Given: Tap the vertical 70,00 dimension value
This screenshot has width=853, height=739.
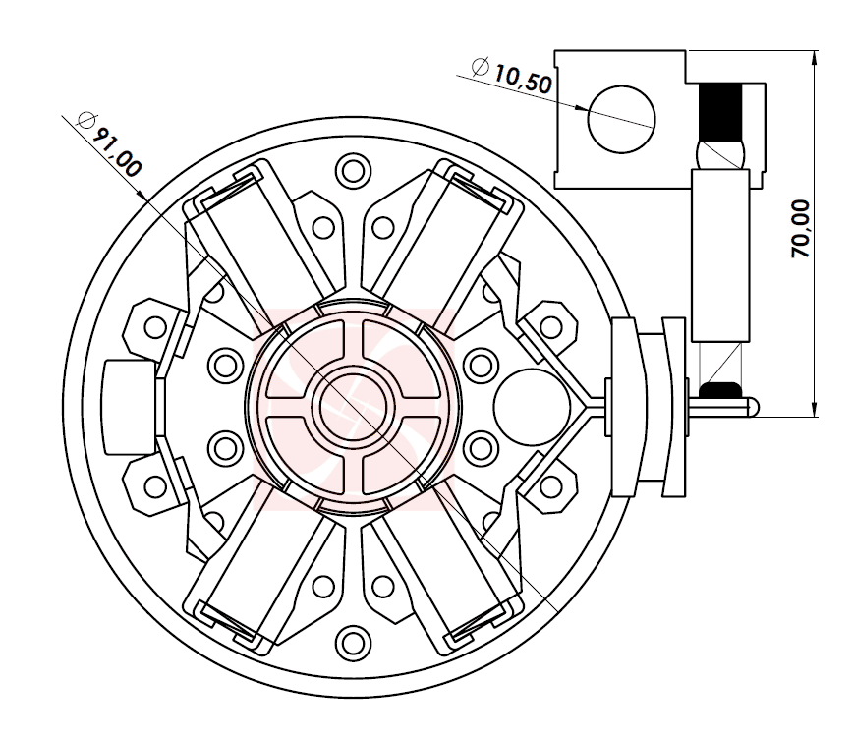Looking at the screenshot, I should click(802, 228).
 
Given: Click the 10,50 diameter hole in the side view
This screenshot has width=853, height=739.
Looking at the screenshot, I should click(621, 119).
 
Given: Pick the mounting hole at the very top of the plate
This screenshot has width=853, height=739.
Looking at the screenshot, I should click(351, 170).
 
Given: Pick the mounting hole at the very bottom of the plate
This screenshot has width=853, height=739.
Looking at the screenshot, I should click(351, 644).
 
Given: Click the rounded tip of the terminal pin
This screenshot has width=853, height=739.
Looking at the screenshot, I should click(753, 405).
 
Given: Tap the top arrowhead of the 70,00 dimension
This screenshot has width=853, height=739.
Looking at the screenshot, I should click(815, 57).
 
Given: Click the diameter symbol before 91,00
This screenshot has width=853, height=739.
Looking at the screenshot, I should click(85, 122).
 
